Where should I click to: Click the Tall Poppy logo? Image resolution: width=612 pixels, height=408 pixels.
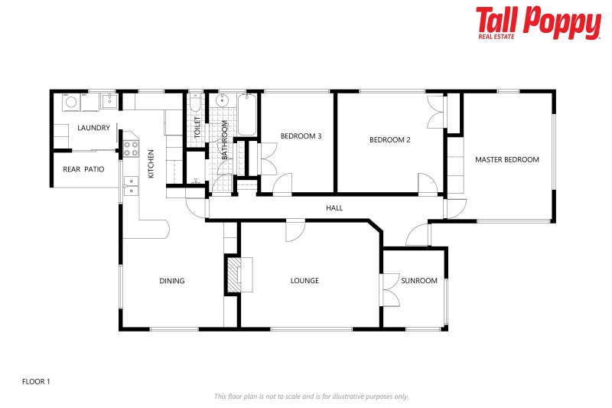538,22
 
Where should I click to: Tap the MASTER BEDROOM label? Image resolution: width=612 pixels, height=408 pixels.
506,160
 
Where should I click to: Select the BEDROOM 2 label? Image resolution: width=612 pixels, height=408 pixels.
390,140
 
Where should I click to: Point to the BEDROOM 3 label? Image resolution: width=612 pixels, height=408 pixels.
301,136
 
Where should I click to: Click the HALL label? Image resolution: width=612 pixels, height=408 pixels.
334,207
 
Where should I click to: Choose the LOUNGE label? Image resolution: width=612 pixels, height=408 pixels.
304,281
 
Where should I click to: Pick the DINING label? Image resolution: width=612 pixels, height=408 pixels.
172,281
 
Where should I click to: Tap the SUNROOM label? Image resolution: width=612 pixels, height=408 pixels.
419,281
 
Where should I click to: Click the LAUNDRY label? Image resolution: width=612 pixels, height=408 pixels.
93,128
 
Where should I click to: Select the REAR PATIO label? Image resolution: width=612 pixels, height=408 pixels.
83,169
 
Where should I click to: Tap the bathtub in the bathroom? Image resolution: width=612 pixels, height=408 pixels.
248,115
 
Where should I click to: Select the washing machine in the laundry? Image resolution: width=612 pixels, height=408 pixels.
71,101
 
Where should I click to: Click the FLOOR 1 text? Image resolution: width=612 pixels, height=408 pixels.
36,380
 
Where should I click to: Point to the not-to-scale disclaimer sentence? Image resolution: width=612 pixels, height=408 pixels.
311,396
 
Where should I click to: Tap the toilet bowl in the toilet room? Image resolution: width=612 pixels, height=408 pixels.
195,103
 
